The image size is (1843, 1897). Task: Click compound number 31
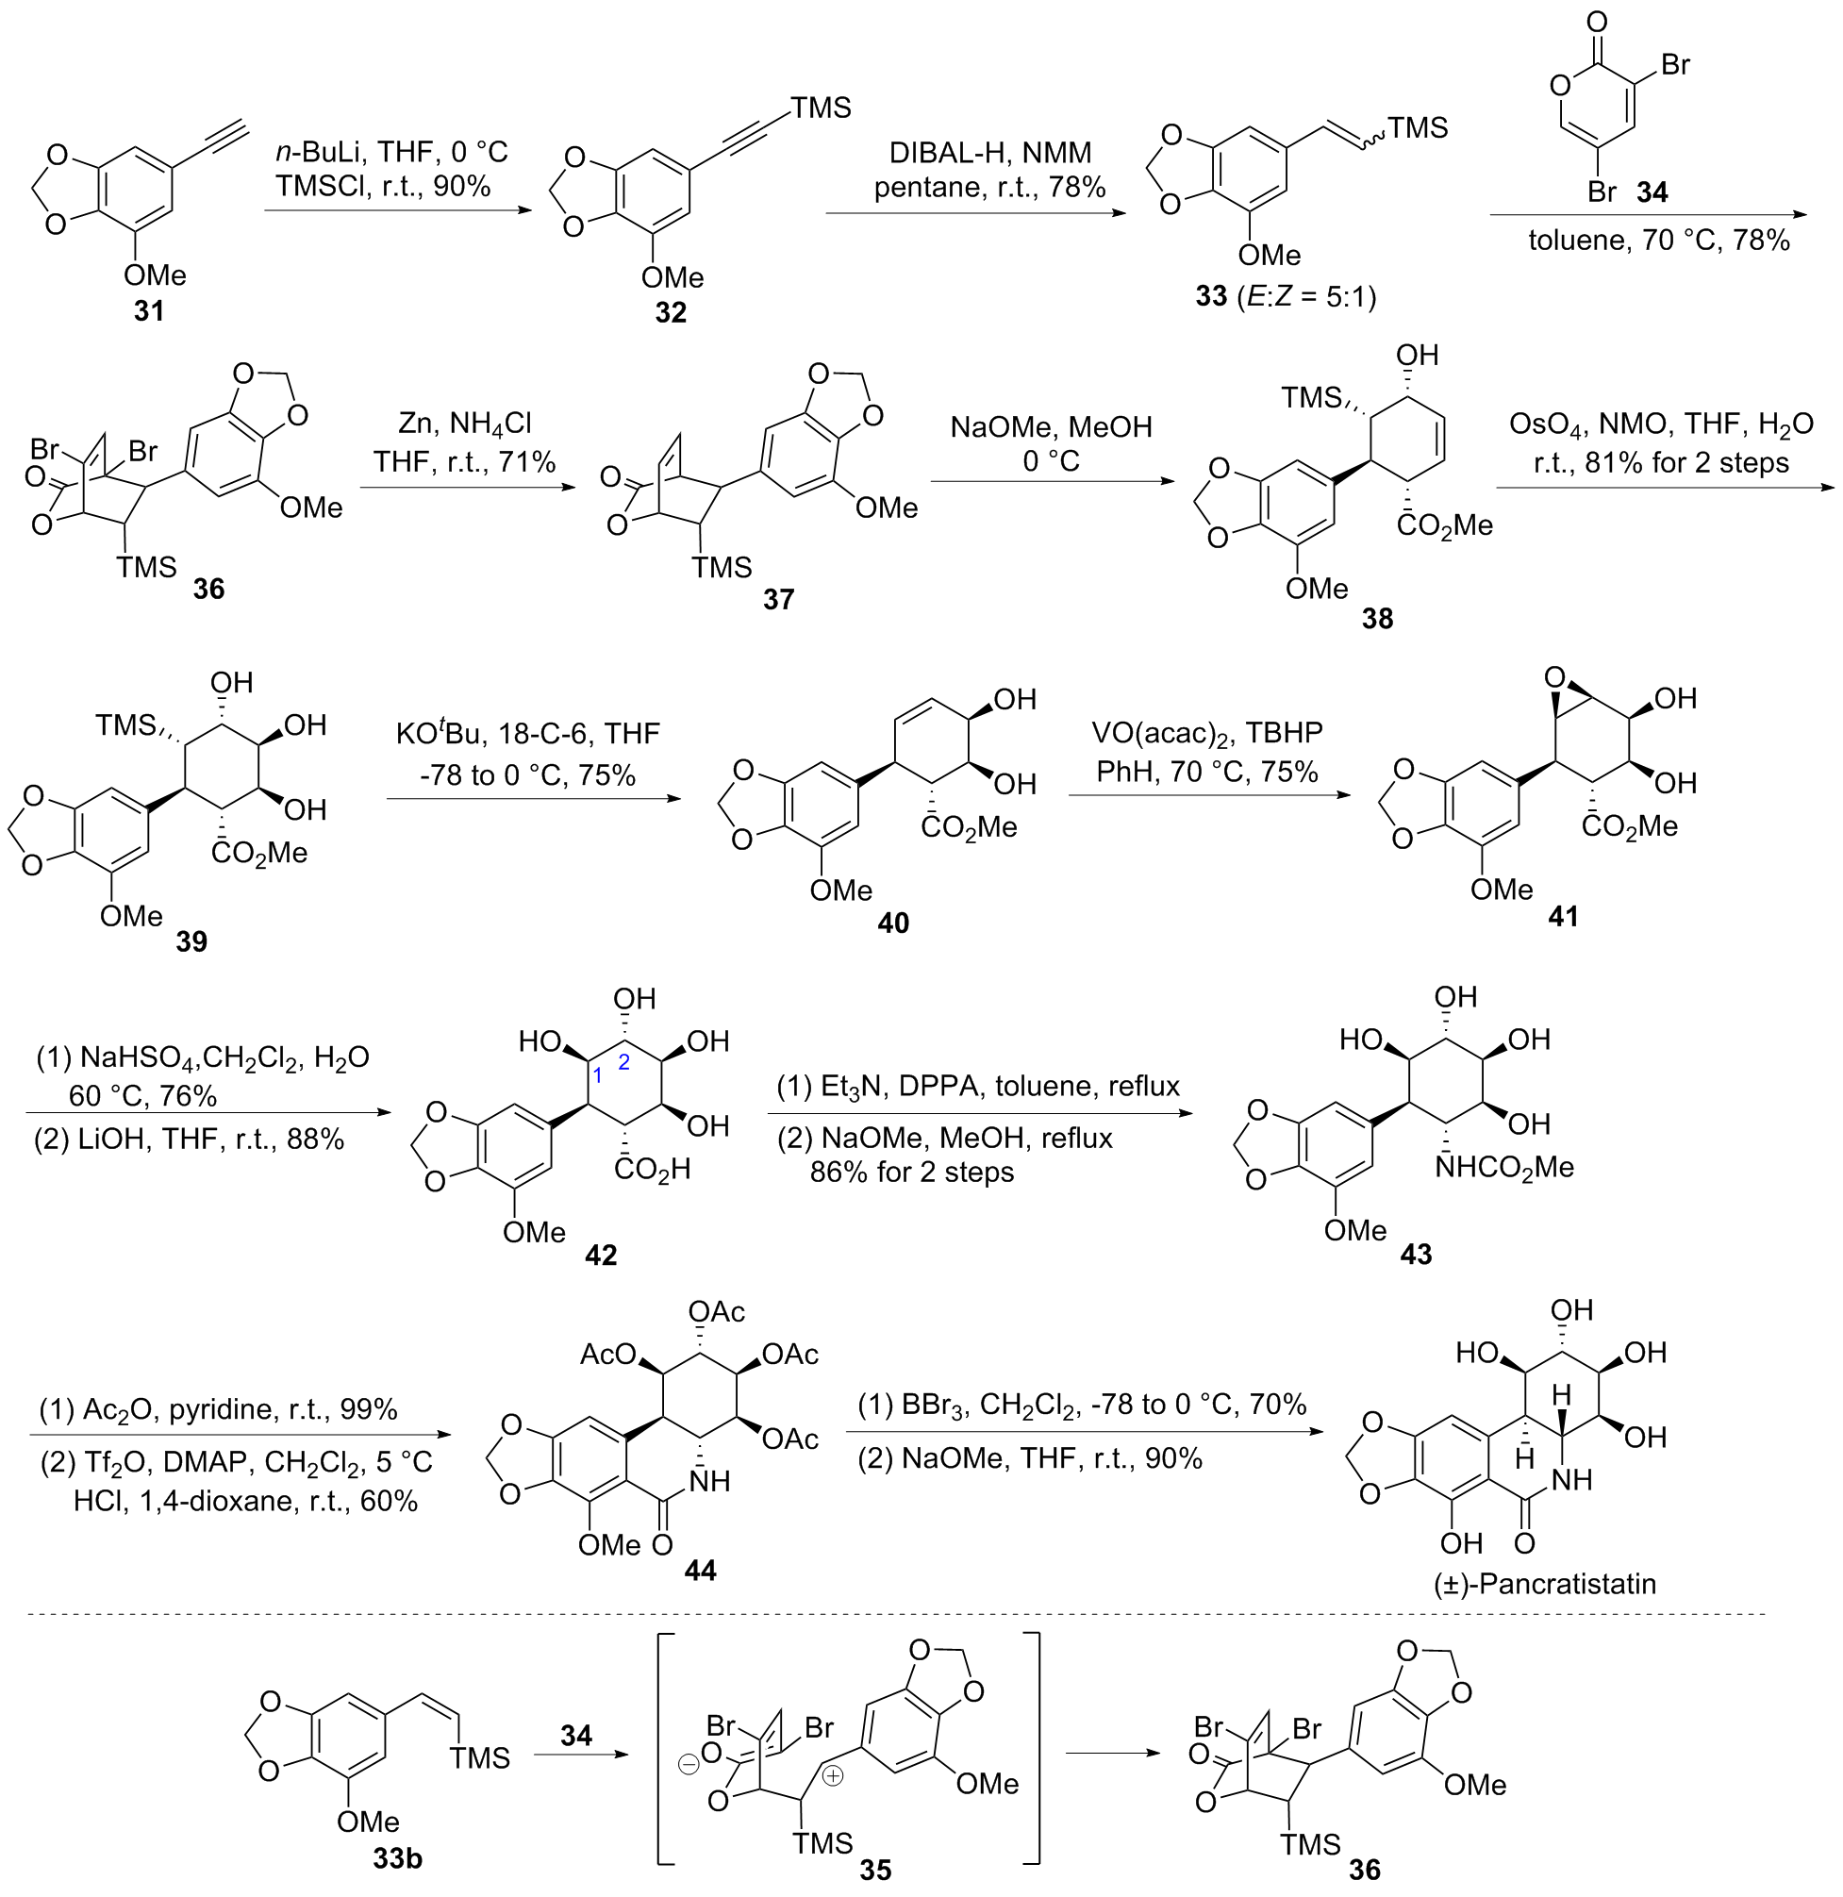coord(148,311)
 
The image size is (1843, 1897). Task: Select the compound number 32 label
coord(670,312)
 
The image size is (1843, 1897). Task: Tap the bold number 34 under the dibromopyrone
coord(1652,191)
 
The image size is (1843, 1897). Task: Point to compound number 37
coord(778,600)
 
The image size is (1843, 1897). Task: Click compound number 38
coord(1376,619)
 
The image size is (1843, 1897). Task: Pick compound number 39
coord(191,941)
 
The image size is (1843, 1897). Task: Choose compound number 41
coord(1563,916)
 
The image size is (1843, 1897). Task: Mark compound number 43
coord(1415,1255)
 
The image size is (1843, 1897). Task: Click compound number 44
coord(700,1569)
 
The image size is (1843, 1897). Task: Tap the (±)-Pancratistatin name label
coord(1545,1585)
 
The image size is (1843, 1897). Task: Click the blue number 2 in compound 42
coord(624,1063)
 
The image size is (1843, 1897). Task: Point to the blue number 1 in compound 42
coord(597,1075)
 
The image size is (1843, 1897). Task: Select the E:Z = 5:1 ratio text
coord(1305,295)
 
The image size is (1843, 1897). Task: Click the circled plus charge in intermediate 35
coord(834,1777)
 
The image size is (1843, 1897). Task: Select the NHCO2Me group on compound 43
coord(1504,1167)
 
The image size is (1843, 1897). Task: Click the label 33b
coord(397,1858)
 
